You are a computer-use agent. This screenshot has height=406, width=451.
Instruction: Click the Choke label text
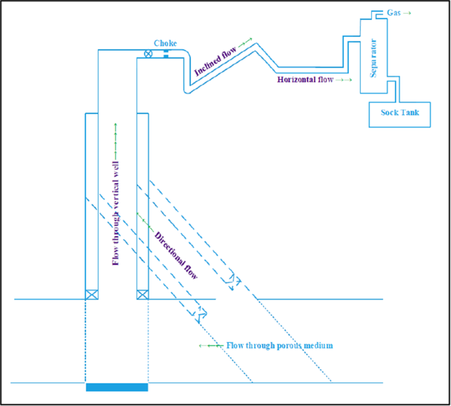(165, 43)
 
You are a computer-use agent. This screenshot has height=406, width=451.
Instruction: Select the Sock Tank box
(399, 113)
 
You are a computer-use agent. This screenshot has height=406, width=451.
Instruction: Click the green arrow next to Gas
(408, 13)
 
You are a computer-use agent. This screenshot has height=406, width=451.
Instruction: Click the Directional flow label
(176, 256)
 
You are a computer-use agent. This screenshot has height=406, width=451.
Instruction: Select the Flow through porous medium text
(280, 345)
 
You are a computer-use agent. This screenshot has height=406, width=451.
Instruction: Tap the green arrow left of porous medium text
(210, 345)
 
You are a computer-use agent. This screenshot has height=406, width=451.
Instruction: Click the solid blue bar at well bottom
(117, 387)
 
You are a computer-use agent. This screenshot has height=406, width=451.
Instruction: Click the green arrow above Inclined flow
(245, 43)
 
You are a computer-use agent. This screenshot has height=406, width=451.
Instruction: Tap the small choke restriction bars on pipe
(166, 53)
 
